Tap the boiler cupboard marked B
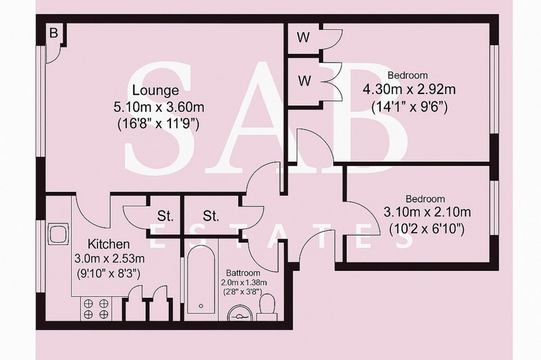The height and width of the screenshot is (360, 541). click(x=53, y=33)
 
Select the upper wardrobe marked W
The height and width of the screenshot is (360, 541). click(x=303, y=38)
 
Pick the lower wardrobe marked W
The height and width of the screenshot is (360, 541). click(x=304, y=81)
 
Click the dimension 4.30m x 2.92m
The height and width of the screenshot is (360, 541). click(x=409, y=89)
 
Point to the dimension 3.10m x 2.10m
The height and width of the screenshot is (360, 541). click(x=427, y=213)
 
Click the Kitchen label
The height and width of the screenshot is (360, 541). click(x=108, y=244)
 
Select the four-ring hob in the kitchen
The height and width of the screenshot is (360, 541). click(x=96, y=309)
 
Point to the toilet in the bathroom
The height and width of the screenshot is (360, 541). click(x=267, y=308)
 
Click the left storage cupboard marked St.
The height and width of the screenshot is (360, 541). click(x=165, y=216)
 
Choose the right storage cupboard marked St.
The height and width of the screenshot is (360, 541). click(x=211, y=216)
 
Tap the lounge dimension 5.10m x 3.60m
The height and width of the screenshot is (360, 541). click(x=159, y=107)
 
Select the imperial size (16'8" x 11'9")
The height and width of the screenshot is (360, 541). click(x=159, y=124)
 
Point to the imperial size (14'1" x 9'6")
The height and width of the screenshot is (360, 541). click(x=409, y=106)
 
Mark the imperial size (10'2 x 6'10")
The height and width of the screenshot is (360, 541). click(x=426, y=230)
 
